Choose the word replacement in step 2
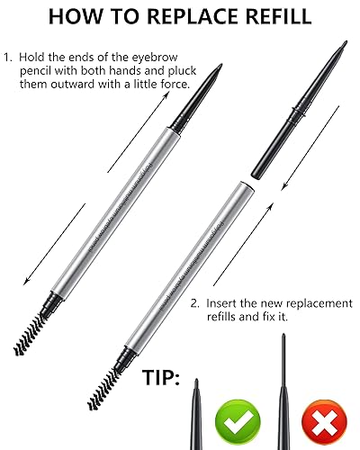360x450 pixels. click(x=312, y=304)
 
